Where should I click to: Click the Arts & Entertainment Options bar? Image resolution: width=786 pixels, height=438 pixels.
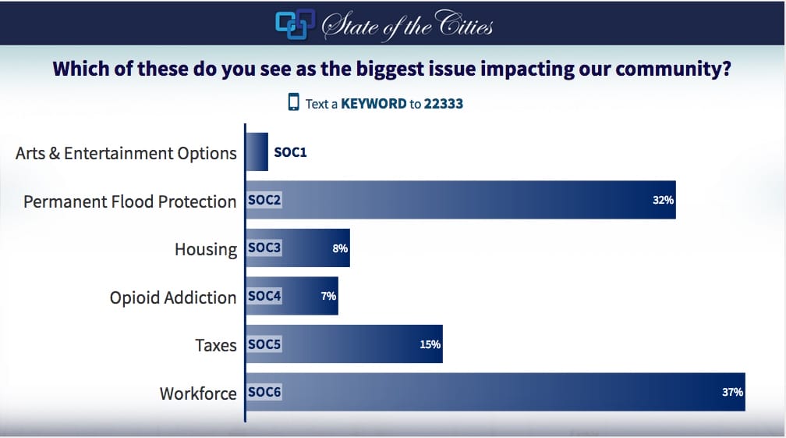click(x=257, y=152)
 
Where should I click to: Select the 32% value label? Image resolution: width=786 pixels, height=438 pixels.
click(x=663, y=201)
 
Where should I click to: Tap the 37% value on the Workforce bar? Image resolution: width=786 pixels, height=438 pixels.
click(x=732, y=393)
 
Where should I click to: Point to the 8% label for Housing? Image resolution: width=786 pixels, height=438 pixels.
click(x=338, y=249)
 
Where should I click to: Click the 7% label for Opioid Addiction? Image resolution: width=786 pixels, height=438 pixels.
click(x=327, y=297)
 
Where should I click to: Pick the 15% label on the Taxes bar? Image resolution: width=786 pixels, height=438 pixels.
click(x=430, y=344)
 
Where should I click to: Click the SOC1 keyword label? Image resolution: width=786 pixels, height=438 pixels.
click(x=290, y=152)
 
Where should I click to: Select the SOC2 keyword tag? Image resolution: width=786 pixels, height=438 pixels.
click(x=264, y=201)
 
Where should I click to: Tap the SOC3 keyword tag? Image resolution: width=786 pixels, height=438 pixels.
click(x=264, y=249)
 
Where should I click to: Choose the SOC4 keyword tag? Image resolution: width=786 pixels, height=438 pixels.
click(x=264, y=297)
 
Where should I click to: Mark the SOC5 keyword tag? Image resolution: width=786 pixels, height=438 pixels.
click(x=264, y=344)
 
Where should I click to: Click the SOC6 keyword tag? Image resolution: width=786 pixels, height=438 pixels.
click(x=264, y=393)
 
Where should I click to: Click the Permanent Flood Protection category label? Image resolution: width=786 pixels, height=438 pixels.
click(x=129, y=201)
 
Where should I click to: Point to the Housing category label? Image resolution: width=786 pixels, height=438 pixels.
click(x=205, y=250)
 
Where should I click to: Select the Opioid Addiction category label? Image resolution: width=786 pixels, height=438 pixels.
click(x=172, y=297)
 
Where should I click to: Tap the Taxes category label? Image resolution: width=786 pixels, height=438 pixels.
click(x=215, y=345)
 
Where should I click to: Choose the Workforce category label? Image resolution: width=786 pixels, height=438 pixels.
click(x=198, y=393)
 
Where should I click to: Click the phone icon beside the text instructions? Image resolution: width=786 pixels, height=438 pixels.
click(x=294, y=102)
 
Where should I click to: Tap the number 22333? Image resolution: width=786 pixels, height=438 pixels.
click(x=443, y=103)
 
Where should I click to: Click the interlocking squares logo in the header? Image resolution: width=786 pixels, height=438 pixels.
click(x=295, y=23)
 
